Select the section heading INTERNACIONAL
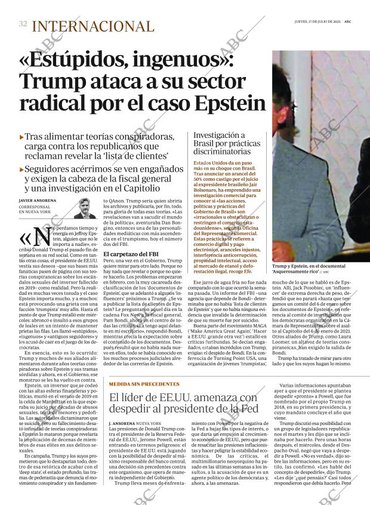pos(92,26)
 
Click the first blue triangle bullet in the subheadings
pos(22,136)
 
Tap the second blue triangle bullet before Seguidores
pos(22,169)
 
